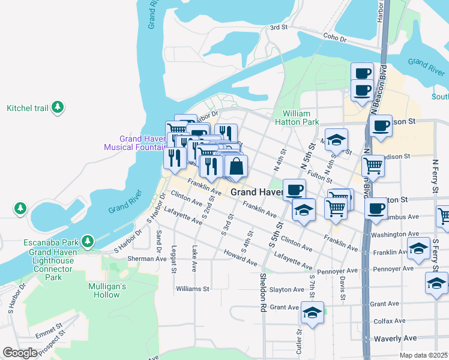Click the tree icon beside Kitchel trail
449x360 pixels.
[x=58, y=108]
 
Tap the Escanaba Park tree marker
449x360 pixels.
[x=88, y=242]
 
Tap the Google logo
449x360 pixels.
[x=20, y=353]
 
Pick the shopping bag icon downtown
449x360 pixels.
[x=237, y=167]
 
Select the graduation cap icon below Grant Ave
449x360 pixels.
[x=312, y=313]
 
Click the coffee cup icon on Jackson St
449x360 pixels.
[x=381, y=126]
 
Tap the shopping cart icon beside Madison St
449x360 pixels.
[x=374, y=164]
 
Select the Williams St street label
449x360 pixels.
[x=192, y=289]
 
